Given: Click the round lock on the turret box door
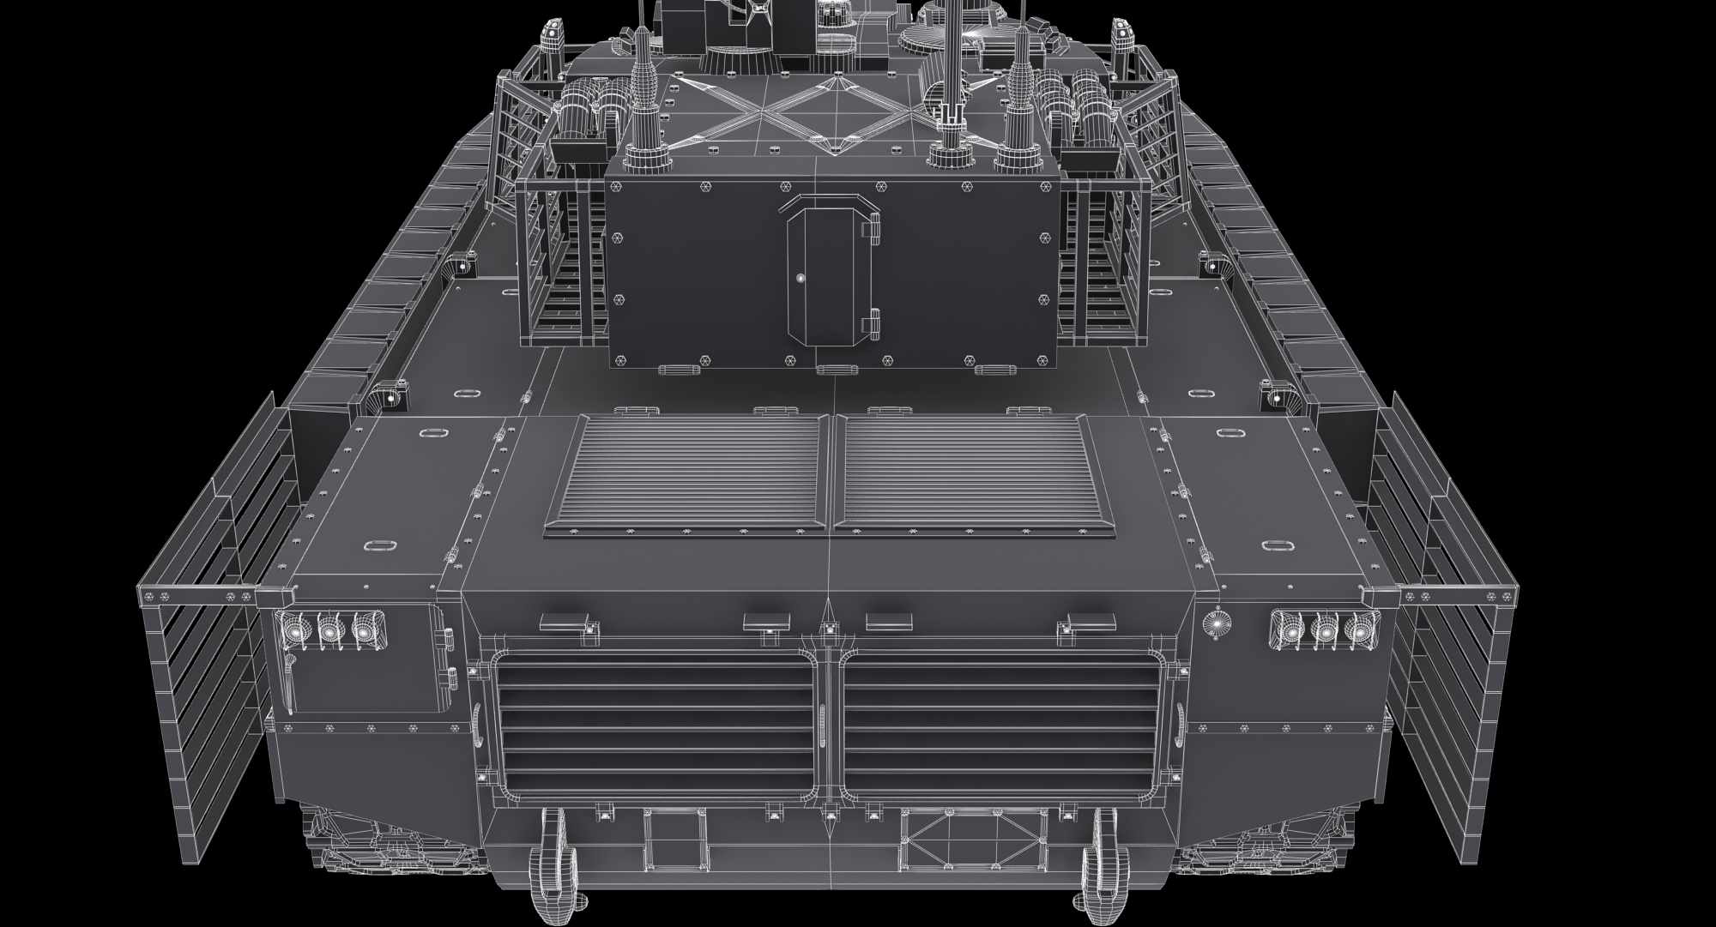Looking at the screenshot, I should [x=800, y=278].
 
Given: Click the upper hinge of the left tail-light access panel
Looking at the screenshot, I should [x=445, y=635].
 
